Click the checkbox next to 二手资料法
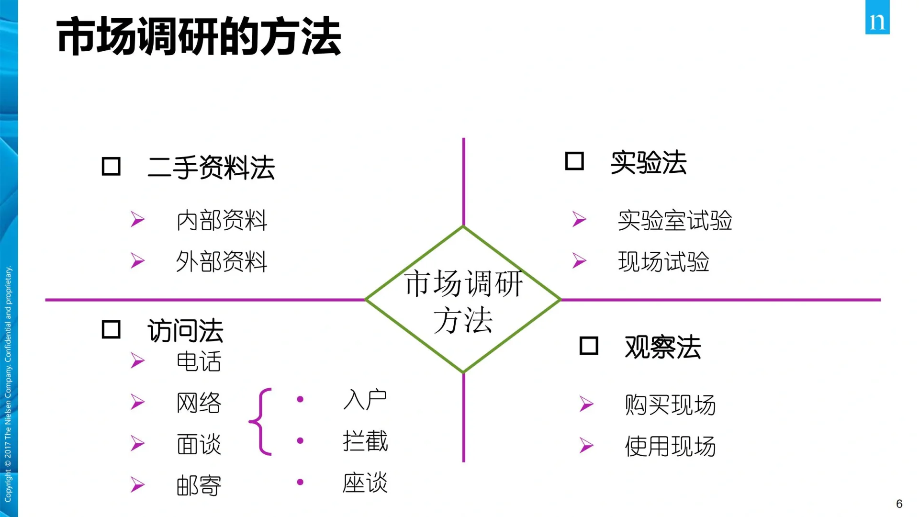pos(111,167)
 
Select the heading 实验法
pos(648,163)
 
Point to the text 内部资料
pos(222,221)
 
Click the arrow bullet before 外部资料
pos(138,261)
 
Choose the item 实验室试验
pos(674,221)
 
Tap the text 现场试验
pos(663,262)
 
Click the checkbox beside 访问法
pos(111,329)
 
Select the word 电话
pos(199,361)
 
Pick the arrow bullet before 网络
pos(138,402)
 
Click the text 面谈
pos(199,444)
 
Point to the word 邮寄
pos(199,485)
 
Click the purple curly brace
pos(261,421)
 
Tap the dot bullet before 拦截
pos(300,440)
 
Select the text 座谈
pos(365,483)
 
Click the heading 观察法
pos(662,347)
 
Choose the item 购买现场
pos(670,405)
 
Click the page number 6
pos(899,504)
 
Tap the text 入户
pos(365,400)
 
